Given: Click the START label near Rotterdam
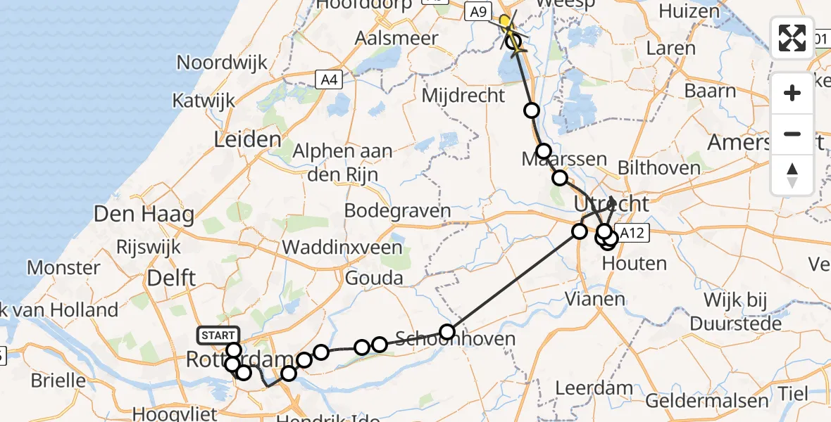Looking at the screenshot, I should pos(219,335).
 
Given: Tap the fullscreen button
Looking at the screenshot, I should pos(792,37).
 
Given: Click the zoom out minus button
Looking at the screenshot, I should pos(792,134).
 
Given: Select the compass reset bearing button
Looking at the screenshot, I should pos(792,175).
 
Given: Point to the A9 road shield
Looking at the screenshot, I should pos(478,11).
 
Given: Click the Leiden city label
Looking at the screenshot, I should pos(248,139).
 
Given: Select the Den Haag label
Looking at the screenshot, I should pos(144,215).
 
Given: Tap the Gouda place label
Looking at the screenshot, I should pos(373,279).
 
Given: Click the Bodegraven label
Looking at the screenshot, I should pos(397,211).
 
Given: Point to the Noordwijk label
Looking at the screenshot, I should pos(222,62).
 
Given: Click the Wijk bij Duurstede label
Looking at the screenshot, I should pos(737,312).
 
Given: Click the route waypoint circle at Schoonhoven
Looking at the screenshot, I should pos(447,331).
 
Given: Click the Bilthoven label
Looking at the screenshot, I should pos(658,167).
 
